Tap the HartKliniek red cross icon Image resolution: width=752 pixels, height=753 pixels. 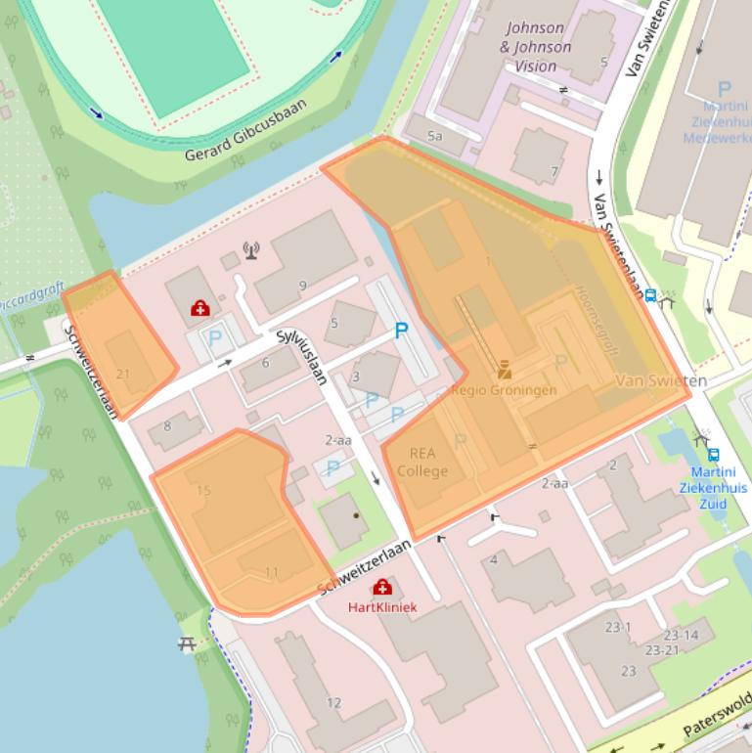[382, 587]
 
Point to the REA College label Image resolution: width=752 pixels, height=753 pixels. [421, 462]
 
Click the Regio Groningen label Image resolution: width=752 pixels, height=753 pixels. [504, 389]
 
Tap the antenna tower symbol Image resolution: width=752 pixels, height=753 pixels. [251, 251]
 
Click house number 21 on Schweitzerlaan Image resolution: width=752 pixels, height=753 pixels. [123, 374]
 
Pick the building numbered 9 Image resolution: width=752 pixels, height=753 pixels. [303, 286]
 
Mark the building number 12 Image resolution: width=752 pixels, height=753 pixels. [333, 702]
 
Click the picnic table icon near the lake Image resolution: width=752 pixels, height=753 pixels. [187, 644]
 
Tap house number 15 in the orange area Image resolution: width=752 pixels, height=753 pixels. [203, 491]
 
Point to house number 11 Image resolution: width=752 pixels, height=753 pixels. [272, 572]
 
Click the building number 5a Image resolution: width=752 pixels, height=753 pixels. [434, 136]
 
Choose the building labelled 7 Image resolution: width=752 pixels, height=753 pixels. [554, 172]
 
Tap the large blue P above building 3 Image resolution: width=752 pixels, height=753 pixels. [400, 332]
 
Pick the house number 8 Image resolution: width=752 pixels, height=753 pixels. [167, 425]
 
